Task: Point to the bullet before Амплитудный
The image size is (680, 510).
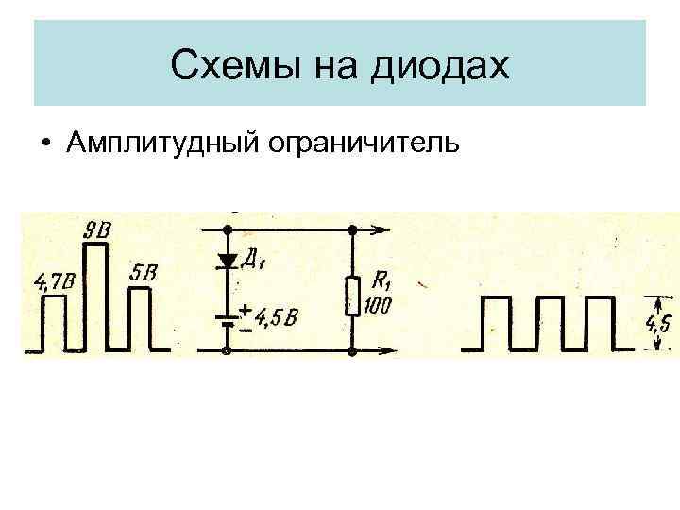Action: [x=45, y=144]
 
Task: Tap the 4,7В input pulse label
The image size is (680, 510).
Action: [x=54, y=280]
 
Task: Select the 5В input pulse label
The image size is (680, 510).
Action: [x=144, y=272]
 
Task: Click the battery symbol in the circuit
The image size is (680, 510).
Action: [x=228, y=319]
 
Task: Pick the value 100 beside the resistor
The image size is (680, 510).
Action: [x=381, y=306]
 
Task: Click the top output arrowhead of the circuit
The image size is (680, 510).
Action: [x=382, y=229]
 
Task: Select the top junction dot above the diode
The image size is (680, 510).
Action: [x=228, y=229]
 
